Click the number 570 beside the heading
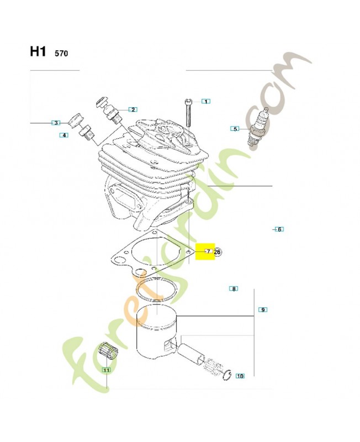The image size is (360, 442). pos(61,54)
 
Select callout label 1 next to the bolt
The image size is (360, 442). pos(205,101)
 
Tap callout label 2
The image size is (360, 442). pos(133,109)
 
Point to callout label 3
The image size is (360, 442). pos(56,123)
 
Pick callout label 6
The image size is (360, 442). pos(279,229)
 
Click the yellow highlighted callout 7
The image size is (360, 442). pos(208,252)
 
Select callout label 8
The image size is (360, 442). pos(234,288)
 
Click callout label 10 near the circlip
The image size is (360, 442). pos(240,376)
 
